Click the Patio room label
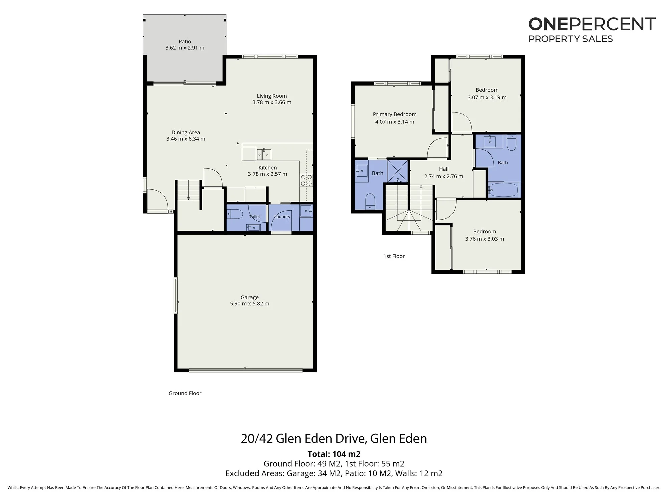pyautogui.click(x=185, y=42)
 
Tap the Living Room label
pyautogui.click(x=272, y=96)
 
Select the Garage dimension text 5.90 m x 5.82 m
pyautogui.click(x=249, y=304)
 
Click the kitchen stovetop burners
pyautogui.click(x=306, y=180)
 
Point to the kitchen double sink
pyautogui.click(x=264, y=154)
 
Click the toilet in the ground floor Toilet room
pyautogui.click(x=235, y=214)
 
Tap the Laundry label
pyautogui.click(x=282, y=217)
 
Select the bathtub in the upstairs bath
pyautogui.click(x=503, y=190)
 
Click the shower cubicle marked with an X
pyautogui.click(x=398, y=171)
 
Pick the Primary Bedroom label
pyautogui.click(x=395, y=114)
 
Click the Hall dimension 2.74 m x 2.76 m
pyautogui.click(x=444, y=176)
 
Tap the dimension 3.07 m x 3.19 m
pyautogui.click(x=487, y=98)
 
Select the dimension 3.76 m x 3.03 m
pyautogui.click(x=485, y=239)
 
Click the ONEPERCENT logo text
pyautogui.click(x=592, y=24)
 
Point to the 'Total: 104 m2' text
pyautogui.click(x=334, y=454)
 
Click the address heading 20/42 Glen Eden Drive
pyautogui.click(x=303, y=439)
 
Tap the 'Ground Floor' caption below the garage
pyautogui.click(x=185, y=393)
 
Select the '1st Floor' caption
pyautogui.click(x=394, y=256)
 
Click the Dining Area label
pyautogui.click(x=186, y=133)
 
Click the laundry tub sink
pyautogui.click(x=306, y=211)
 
